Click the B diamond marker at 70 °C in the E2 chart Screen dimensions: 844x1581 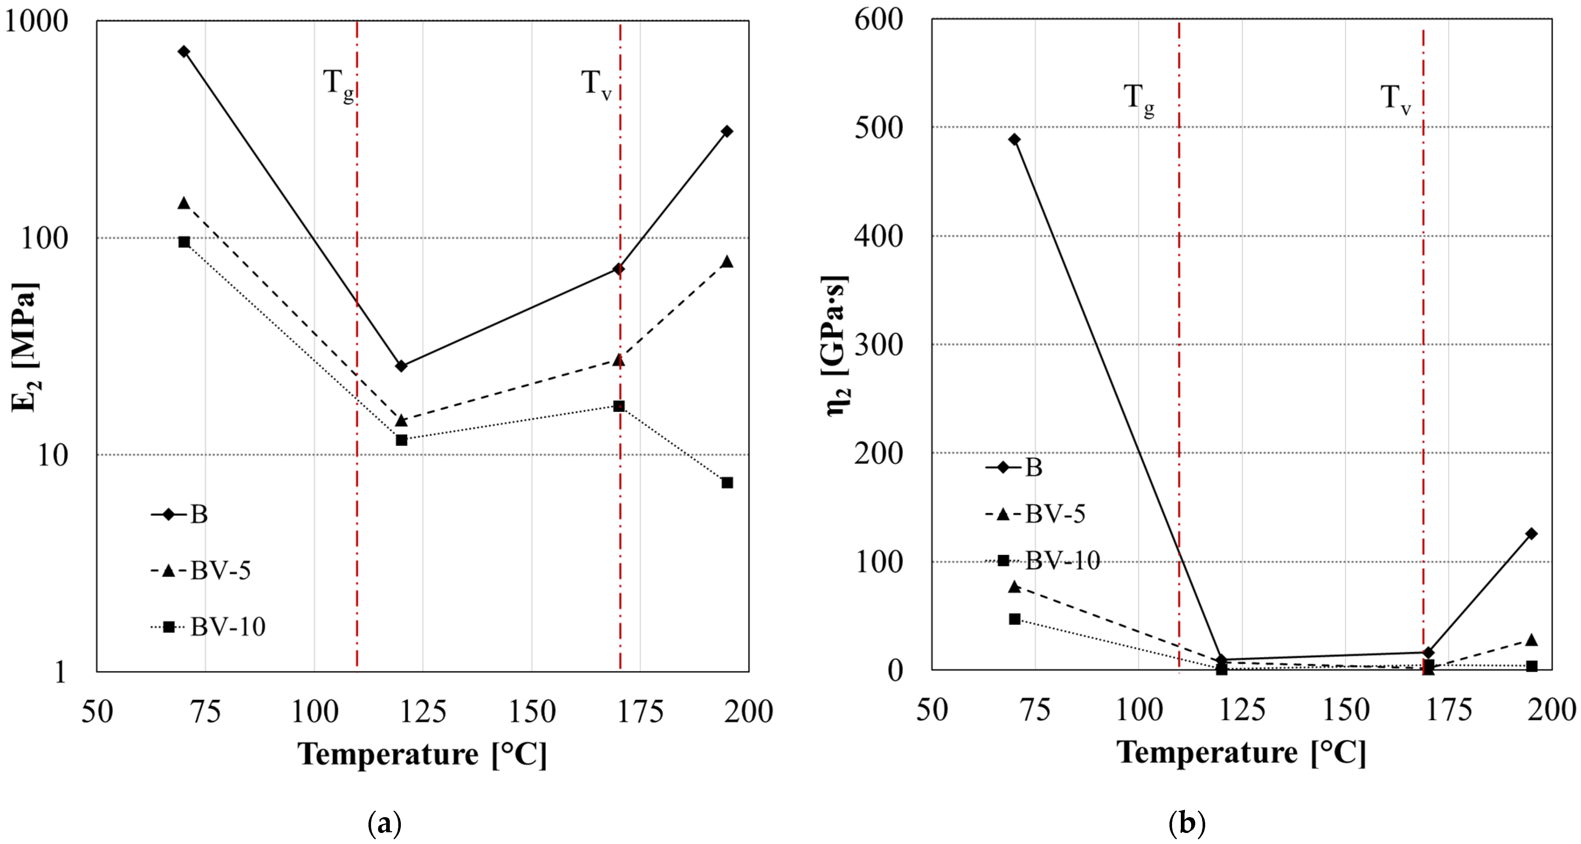pos(184,51)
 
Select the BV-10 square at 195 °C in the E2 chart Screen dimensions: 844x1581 pos(727,483)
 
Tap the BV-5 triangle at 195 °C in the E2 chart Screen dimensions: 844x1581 pos(727,262)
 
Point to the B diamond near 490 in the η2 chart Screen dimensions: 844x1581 pos(1014,140)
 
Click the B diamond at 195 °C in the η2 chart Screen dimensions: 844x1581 pos(1532,534)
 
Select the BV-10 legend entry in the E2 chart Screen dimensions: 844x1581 pos(209,627)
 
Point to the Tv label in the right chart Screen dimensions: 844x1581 pos(1395,99)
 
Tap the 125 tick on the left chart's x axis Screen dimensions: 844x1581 pos(423,712)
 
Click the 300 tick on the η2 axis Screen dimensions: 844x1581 pos(879,345)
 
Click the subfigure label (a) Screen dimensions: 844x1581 pos(385,824)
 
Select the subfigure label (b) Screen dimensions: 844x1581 pos(1187,824)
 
